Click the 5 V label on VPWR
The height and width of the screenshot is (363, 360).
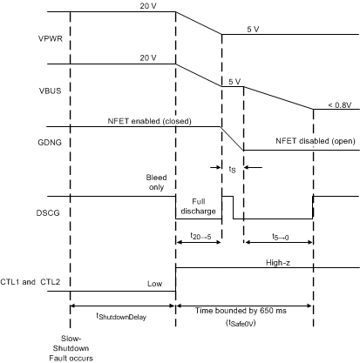[x=253, y=29]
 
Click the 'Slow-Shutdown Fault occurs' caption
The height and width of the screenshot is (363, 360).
[x=69, y=346]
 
